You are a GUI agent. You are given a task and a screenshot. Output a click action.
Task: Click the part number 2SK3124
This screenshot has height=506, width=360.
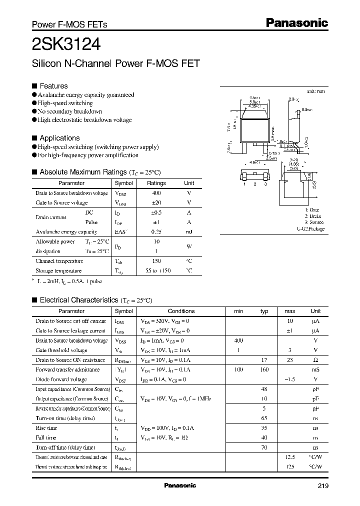(x=66, y=45)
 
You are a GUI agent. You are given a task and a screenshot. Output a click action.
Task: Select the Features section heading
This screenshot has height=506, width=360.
(x=53, y=86)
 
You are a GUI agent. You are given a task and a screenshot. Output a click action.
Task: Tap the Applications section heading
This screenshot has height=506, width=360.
(x=59, y=138)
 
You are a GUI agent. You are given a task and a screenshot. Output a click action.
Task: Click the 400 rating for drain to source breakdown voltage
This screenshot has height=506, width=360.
(x=156, y=193)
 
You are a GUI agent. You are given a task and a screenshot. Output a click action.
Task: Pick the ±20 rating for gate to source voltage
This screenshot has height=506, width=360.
(x=156, y=202)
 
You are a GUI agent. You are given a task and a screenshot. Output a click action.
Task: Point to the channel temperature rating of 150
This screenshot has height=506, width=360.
(x=156, y=261)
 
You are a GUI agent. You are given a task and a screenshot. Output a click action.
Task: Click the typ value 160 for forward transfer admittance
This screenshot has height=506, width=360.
(x=264, y=369)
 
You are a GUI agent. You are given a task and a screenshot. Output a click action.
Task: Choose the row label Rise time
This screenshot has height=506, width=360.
(x=46, y=428)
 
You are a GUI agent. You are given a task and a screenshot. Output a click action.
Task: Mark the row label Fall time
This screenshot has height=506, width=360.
(x=46, y=438)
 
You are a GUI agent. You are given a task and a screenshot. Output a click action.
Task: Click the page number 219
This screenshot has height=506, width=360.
(x=322, y=485)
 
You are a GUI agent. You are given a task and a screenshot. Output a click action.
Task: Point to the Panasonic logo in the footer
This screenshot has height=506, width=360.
(x=180, y=485)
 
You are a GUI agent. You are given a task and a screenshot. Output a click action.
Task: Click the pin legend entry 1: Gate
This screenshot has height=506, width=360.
(x=312, y=210)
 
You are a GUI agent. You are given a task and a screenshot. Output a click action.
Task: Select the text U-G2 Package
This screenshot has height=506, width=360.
(x=310, y=228)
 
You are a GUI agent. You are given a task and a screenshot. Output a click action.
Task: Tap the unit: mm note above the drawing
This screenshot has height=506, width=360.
(x=315, y=91)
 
